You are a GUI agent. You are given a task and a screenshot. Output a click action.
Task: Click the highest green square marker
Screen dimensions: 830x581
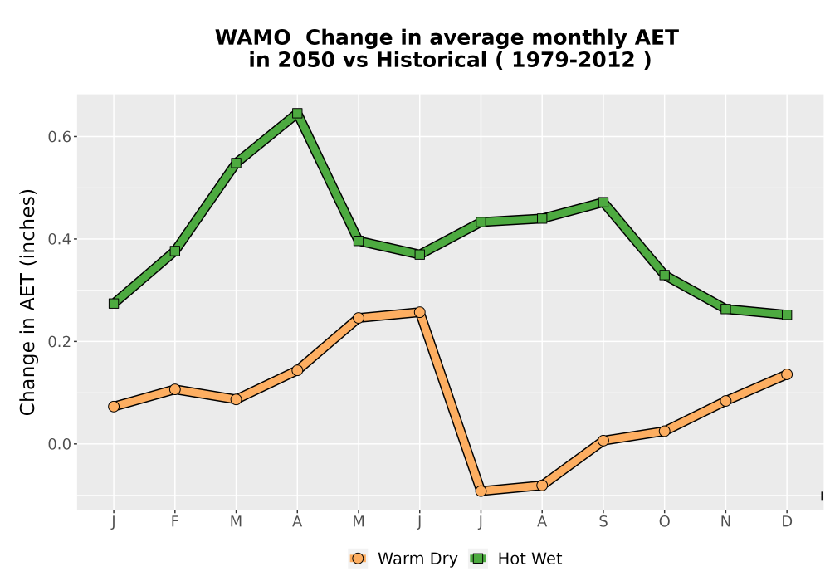(297, 113)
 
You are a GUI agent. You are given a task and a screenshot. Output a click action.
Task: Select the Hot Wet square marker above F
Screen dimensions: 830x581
(174, 251)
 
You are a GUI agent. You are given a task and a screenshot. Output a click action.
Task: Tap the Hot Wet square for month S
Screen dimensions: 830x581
(603, 203)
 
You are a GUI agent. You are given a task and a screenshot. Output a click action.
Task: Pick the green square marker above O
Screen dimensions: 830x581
(664, 276)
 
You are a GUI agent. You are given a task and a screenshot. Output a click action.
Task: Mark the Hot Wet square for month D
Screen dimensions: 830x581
(787, 315)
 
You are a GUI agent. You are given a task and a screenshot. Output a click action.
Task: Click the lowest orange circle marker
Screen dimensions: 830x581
(481, 491)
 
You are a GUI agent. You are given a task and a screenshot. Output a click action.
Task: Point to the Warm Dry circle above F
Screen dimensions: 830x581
(174, 389)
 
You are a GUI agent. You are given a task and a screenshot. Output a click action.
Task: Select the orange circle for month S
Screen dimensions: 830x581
(603, 440)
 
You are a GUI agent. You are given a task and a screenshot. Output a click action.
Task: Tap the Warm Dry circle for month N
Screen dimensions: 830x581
(725, 401)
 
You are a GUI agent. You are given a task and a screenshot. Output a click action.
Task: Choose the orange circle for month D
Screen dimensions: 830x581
(787, 374)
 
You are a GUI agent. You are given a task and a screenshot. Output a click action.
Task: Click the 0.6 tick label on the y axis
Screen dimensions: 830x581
(59, 136)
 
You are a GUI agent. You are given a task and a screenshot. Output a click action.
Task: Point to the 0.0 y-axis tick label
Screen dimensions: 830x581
(59, 444)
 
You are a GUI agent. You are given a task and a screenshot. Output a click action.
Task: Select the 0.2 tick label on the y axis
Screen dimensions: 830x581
(59, 341)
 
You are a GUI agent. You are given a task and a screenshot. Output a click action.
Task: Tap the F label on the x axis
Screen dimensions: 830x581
(174, 522)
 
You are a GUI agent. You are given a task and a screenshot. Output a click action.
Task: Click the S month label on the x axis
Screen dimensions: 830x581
(603, 522)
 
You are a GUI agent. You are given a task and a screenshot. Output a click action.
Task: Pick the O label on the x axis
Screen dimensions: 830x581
(664, 522)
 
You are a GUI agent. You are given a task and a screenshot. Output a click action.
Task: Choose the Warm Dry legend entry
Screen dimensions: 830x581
(403, 559)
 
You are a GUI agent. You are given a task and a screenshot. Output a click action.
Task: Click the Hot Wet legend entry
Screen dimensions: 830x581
(515, 559)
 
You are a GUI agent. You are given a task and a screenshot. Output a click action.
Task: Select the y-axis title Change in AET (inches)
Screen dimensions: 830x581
(27, 302)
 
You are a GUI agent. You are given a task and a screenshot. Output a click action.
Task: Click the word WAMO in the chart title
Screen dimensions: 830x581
(252, 37)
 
